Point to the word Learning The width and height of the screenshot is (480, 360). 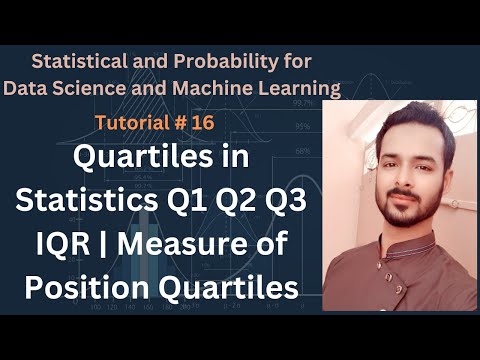point(300,88)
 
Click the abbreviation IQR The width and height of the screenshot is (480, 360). point(50,242)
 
